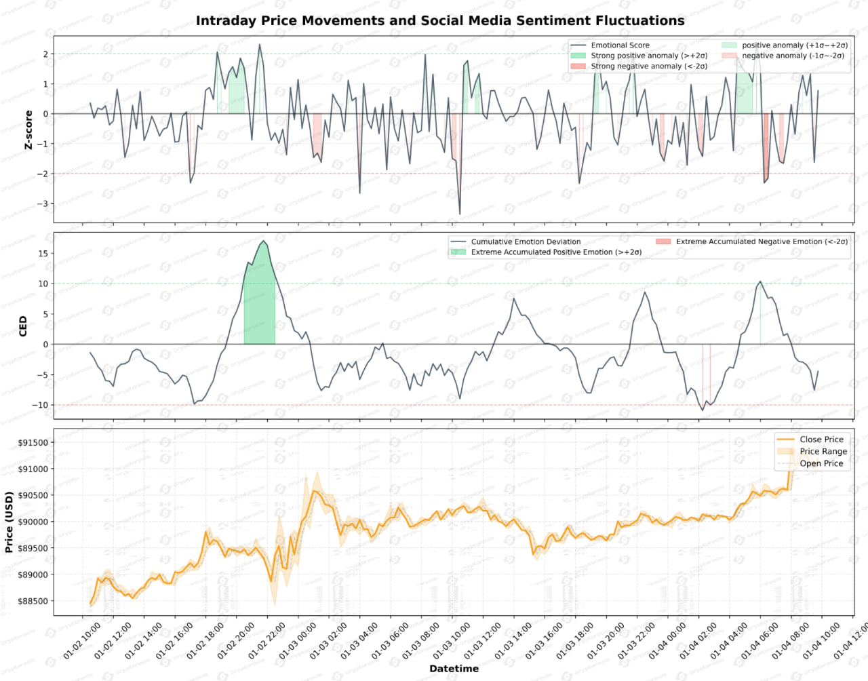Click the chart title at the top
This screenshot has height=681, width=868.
[440, 20]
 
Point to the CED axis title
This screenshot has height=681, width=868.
[23, 326]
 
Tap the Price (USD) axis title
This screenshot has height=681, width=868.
[9, 522]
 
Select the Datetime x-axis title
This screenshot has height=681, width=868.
[454, 669]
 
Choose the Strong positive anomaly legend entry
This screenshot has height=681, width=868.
[648, 56]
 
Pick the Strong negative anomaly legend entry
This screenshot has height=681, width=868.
[648, 66]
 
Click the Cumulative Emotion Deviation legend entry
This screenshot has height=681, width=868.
[526, 241]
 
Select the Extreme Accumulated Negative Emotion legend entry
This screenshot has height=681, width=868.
[761, 241]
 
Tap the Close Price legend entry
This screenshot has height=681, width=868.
[821, 440]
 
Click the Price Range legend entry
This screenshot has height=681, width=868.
[823, 452]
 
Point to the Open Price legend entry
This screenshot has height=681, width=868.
[821, 464]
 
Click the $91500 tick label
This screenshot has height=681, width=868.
[33, 443]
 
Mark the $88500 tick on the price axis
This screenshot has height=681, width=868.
[33, 601]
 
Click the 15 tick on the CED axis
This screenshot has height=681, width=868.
[43, 254]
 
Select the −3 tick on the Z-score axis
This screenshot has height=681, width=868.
[43, 203]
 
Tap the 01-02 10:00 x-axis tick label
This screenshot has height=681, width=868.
[82, 640]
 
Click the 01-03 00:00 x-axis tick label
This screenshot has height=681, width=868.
[298, 640]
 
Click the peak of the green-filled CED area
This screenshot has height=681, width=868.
[264, 241]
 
